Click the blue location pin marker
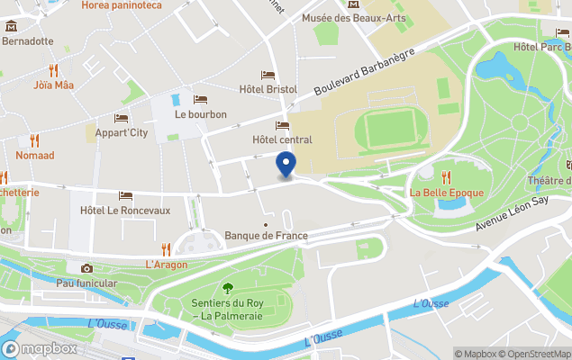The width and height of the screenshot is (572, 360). [x=286, y=165]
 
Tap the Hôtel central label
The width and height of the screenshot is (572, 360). [x=283, y=139]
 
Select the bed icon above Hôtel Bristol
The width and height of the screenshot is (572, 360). [x=268, y=76]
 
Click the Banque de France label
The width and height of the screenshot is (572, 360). [x=266, y=236]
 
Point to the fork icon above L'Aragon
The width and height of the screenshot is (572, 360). [x=166, y=249]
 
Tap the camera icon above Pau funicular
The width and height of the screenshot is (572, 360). [x=86, y=268]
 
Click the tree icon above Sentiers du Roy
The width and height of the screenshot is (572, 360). [x=226, y=288]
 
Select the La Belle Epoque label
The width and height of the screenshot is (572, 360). [x=447, y=193]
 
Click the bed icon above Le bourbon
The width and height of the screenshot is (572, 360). [x=200, y=99]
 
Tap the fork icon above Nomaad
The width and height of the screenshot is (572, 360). [x=34, y=140]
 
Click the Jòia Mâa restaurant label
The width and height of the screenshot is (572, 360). [x=54, y=85]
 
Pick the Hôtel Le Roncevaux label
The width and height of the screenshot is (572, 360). [x=125, y=210]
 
